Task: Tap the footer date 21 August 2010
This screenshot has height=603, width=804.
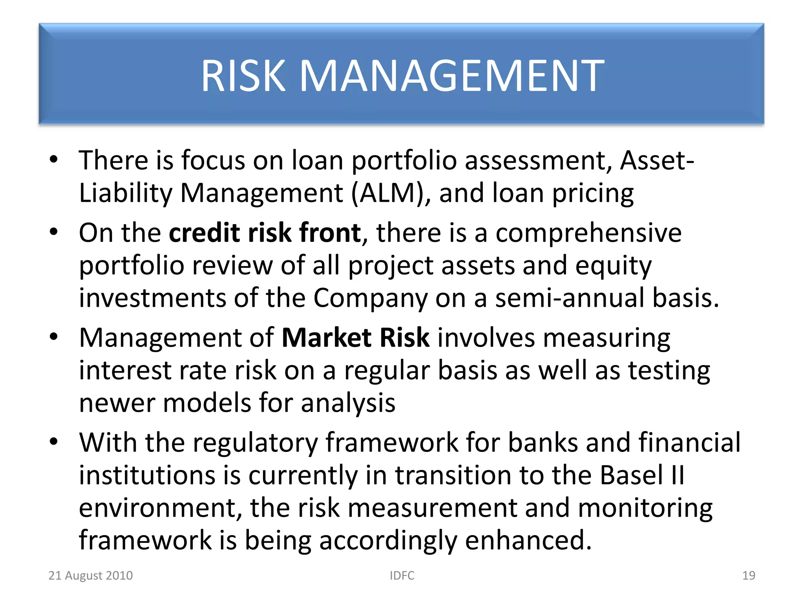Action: point(90,576)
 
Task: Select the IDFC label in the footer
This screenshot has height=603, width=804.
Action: point(402,576)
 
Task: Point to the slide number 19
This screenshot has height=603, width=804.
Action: point(749,576)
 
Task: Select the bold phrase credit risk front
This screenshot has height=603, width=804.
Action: point(265,233)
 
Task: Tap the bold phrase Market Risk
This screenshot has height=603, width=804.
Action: point(355,338)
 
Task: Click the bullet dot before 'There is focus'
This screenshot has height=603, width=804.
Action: point(54,159)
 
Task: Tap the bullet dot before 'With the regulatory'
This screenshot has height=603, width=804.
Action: point(54,442)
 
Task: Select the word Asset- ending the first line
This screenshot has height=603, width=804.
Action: point(657,161)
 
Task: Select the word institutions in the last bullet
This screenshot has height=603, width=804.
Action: point(147,475)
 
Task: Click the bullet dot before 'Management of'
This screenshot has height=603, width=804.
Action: point(54,337)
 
